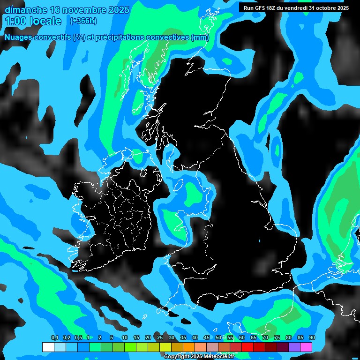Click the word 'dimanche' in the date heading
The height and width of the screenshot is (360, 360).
point(25,10)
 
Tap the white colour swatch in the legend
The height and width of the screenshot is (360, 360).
point(48,347)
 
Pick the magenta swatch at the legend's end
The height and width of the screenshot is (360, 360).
point(306,347)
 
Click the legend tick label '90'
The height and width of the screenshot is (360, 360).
point(312,338)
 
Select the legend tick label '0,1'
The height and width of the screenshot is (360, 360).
point(54,338)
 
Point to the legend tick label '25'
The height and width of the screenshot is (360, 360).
point(159,338)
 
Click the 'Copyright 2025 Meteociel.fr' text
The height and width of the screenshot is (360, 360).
point(199,356)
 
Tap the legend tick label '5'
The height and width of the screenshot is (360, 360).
point(112,338)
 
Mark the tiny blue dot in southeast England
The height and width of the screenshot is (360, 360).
point(259,241)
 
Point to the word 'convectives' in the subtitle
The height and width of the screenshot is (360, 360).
point(166,37)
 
